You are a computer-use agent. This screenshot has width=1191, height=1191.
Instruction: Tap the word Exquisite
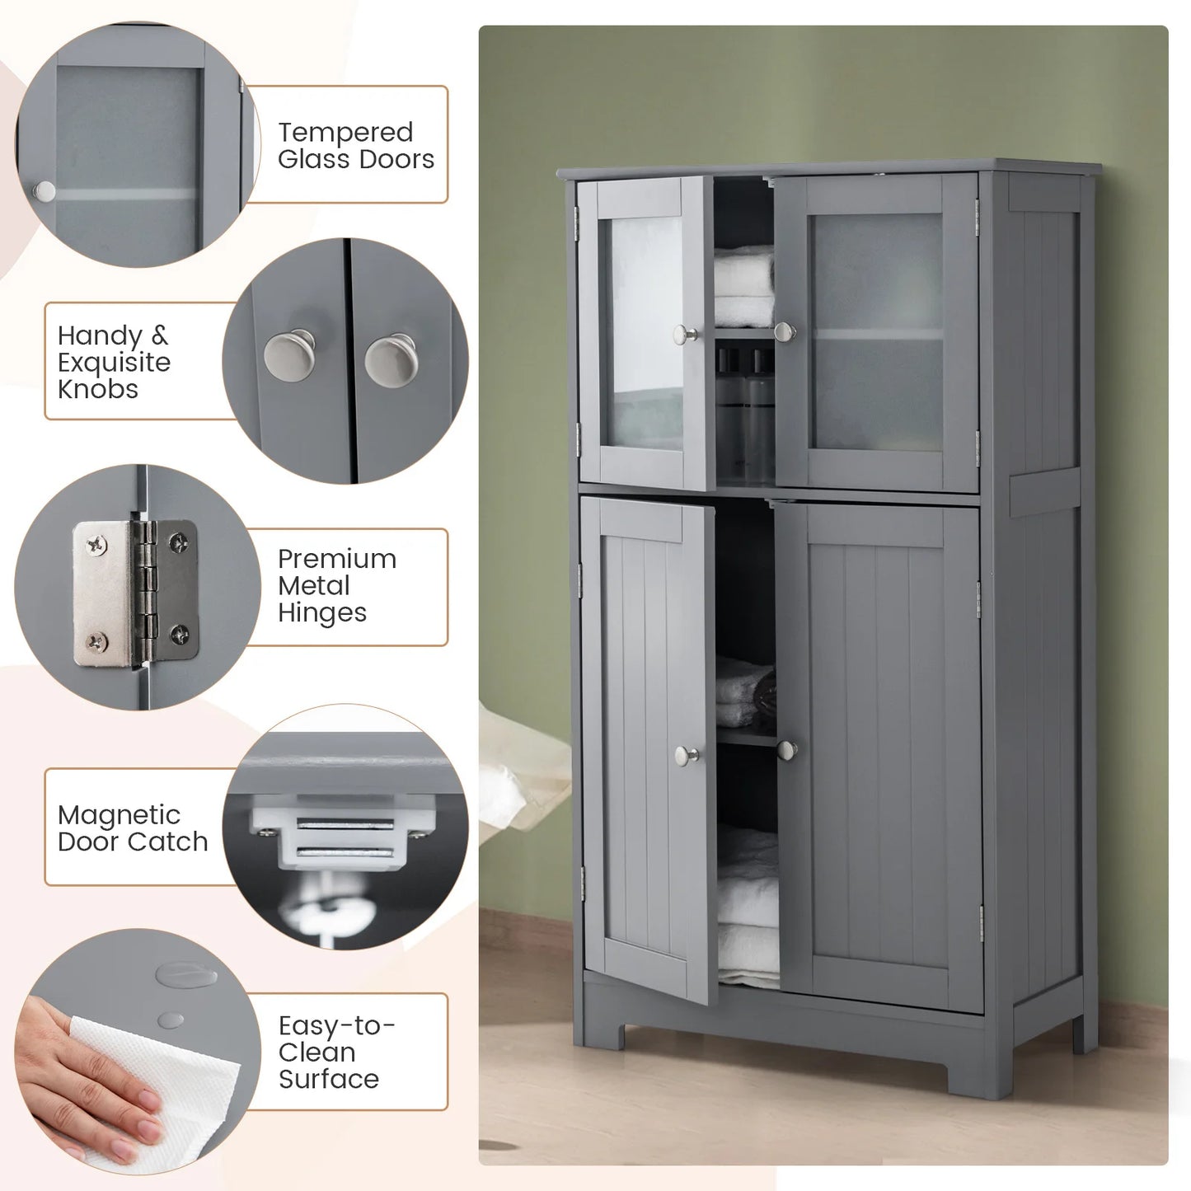(x=114, y=363)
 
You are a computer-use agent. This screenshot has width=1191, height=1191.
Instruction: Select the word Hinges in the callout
(x=322, y=613)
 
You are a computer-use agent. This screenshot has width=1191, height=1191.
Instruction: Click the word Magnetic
(x=119, y=816)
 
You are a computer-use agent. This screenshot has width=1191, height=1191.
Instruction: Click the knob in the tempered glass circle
(x=44, y=191)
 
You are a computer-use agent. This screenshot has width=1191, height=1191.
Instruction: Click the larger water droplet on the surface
(x=186, y=975)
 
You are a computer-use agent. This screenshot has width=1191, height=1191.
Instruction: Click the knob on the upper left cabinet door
(x=683, y=335)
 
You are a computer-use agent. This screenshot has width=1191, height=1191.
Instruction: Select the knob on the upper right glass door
(x=785, y=332)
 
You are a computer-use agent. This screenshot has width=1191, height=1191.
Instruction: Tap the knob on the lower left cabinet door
(x=686, y=755)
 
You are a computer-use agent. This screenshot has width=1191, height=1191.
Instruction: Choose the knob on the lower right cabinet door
(x=787, y=750)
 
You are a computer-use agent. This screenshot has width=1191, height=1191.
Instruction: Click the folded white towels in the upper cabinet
(x=744, y=285)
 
